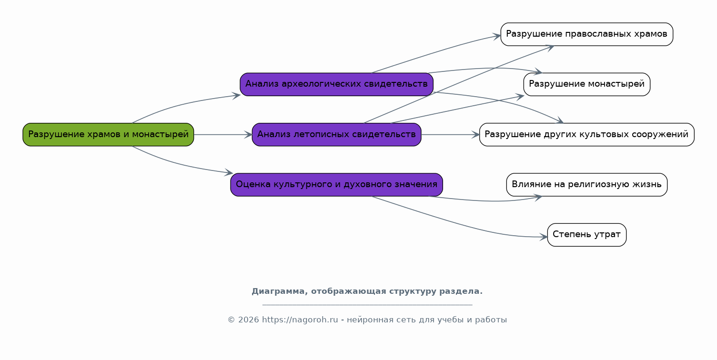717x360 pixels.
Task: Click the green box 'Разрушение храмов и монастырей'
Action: pos(108,134)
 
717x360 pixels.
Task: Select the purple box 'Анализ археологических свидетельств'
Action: pos(336,84)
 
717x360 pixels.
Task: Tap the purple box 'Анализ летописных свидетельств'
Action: pos(336,134)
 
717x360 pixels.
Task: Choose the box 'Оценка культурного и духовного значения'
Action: pos(336,185)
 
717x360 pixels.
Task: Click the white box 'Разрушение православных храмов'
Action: pos(587,34)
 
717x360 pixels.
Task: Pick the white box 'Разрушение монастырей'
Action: pos(587,84)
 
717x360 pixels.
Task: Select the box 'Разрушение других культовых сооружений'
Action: pos(587,134)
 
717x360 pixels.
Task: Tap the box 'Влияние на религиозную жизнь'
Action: pos(587,185)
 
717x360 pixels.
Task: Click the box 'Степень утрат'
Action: pos(587,235)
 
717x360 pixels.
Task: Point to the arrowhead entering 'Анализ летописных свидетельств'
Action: pos(248,135)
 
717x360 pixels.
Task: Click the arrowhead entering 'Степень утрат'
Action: pos(544,237)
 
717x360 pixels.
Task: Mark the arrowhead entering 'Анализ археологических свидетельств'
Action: pos(236,95)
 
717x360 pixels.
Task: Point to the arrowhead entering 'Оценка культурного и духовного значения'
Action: pos(229,173)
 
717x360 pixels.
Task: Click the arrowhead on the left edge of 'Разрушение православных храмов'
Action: pos(497,36)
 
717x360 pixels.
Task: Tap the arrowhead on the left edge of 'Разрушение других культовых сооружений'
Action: pos(475,135)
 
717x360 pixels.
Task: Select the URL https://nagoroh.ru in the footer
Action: pos(300,320)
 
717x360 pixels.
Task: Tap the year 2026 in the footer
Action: pos(248,320)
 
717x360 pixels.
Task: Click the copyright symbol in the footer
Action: pos(232,320)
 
